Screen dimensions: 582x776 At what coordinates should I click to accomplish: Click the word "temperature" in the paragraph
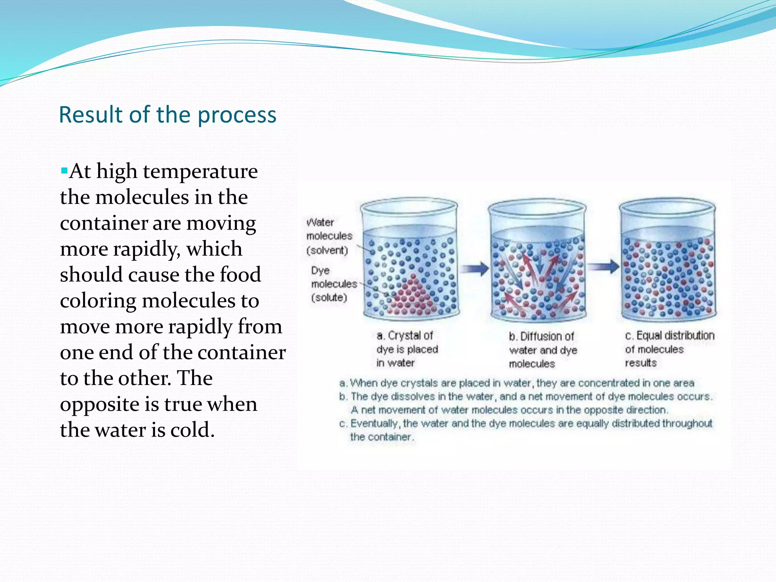click(x=200, y=171)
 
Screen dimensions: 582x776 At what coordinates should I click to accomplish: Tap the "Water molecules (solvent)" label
click(x=329, y=236)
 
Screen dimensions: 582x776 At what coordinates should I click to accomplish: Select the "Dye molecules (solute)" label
click(x=333, y=284)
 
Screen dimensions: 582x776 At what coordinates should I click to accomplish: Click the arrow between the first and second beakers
click(x=474, y=269)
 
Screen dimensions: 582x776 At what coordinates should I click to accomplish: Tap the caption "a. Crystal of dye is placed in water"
click(x=407, y=349)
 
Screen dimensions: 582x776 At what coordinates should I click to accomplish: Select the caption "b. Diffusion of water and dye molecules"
click(x=543, y=350)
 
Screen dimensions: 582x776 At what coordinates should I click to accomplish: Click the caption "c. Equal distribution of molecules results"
click(x=669, y=349)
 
